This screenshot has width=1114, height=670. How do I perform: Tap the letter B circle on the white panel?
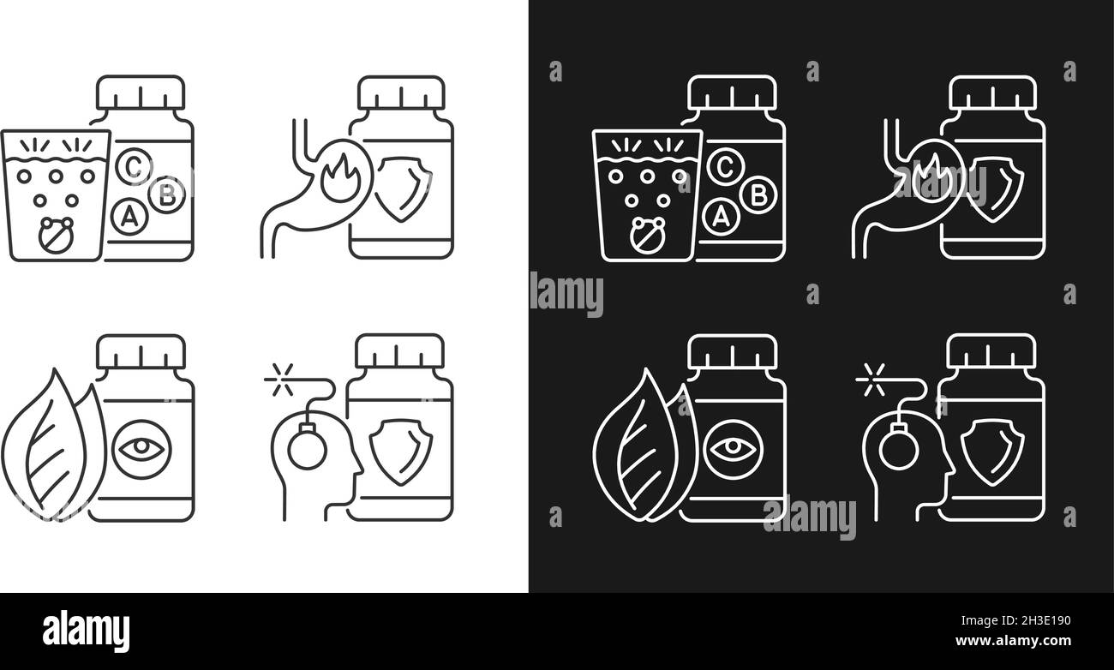click(166, 194)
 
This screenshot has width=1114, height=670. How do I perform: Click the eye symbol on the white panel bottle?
click(141, 447)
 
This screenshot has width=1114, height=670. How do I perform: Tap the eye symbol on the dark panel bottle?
click(733, 447)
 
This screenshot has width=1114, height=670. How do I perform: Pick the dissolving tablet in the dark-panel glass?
click(647, 234)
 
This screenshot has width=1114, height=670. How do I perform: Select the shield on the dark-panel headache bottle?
click(991, 447)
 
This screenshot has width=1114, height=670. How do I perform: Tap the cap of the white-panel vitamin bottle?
click(141, 93)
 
